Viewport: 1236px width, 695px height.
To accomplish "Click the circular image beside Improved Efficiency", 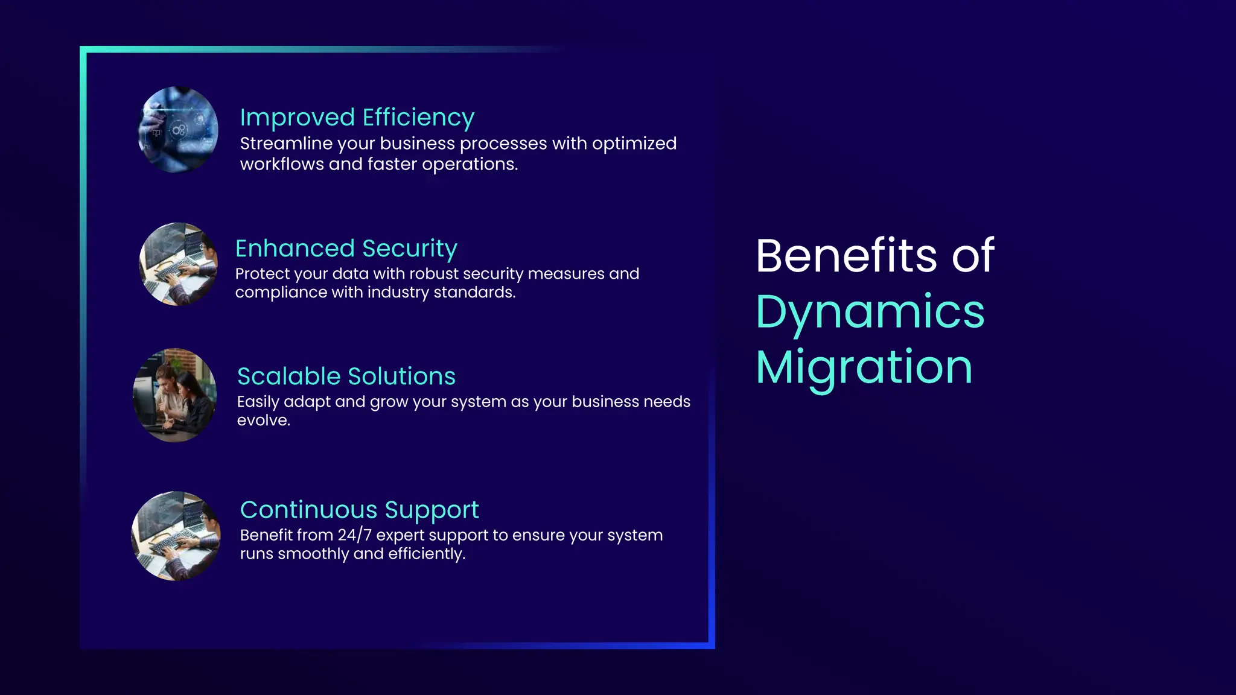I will (x=178, y=130).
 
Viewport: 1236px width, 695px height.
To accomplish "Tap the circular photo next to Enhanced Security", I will (x=178, y=264).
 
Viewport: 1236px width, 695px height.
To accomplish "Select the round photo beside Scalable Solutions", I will (x=174, y=395).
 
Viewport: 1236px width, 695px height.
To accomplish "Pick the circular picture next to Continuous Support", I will (x=176, y=536).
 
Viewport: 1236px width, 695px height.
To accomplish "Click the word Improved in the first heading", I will (x=297, y=118).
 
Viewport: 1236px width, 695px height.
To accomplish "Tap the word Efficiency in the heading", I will (x=418, y=118).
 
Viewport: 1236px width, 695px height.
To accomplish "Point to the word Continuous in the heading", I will (x=308, y=510).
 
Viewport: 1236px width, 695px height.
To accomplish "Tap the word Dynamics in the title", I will (x=870, y=313).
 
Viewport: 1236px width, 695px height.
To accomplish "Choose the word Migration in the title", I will (x=864, y=367).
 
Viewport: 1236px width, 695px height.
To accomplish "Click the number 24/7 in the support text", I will (x=355, y=535).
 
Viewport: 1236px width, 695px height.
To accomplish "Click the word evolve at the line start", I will (x=263, y=420).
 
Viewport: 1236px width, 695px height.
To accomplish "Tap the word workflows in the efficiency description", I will (x=282, y=164).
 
